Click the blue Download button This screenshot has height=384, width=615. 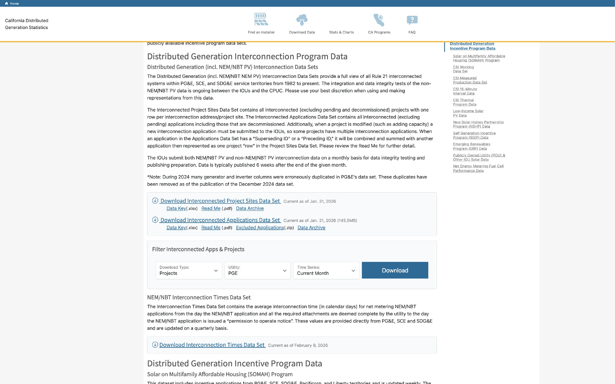click(x=395, y=270)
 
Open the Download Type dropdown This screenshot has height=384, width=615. click(x=189, y=271)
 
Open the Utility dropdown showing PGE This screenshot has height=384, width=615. click(x=257, y=271)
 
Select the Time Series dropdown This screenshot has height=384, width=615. click(x=326, y=271)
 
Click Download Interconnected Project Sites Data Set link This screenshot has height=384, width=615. click(x=220, y=201)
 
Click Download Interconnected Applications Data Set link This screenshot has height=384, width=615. click(x=220, y=220)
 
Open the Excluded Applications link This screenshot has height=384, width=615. click(x=260, y=228)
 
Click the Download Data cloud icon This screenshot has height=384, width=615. click(x=302, y=20)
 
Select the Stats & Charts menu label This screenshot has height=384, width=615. click(x=341, y=32)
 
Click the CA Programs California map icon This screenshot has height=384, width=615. click(x=379, y=20)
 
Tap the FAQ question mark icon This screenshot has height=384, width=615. click(x=412, y=20)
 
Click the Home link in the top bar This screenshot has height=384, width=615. click(x=14, y=4)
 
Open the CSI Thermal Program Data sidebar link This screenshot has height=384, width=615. click(x=464, y=102)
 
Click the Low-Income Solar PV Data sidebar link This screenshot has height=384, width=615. click(x=468, y=113)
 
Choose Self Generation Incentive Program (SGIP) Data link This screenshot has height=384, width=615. click(x=474, y=135)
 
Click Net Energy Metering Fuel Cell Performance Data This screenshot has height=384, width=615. click(x=478, y=168)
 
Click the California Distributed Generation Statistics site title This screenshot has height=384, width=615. click(x=26, y=24)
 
